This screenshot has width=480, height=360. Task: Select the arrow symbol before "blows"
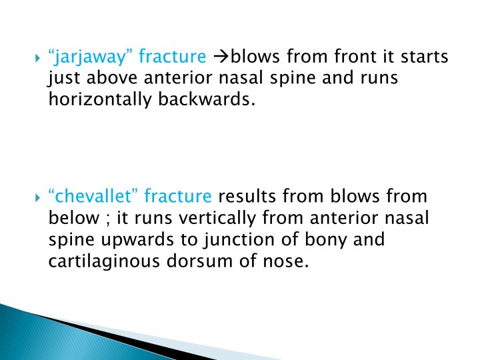pyautogui.click(x=221, y=57)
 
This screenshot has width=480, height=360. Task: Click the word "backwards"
pyautogui.click(x=207, y=100)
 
